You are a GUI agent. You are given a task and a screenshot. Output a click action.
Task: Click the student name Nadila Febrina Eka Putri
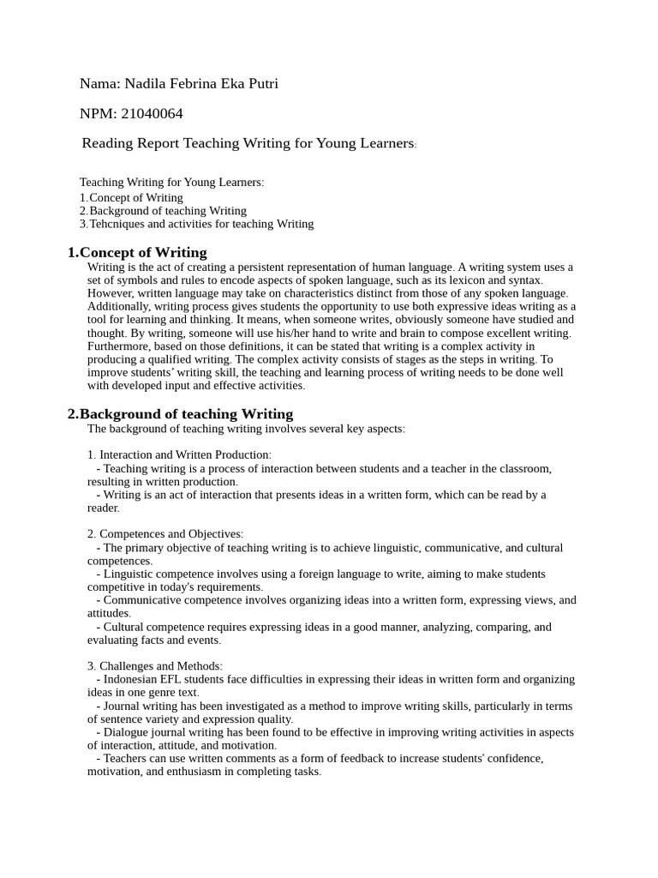[201, 83]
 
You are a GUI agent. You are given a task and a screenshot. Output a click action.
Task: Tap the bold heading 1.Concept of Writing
[137, 252]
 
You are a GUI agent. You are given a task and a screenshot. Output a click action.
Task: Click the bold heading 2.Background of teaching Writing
[180, 414]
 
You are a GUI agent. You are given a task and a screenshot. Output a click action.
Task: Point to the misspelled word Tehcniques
[117, 224]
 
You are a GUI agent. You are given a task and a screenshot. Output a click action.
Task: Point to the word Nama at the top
[99, 83]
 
